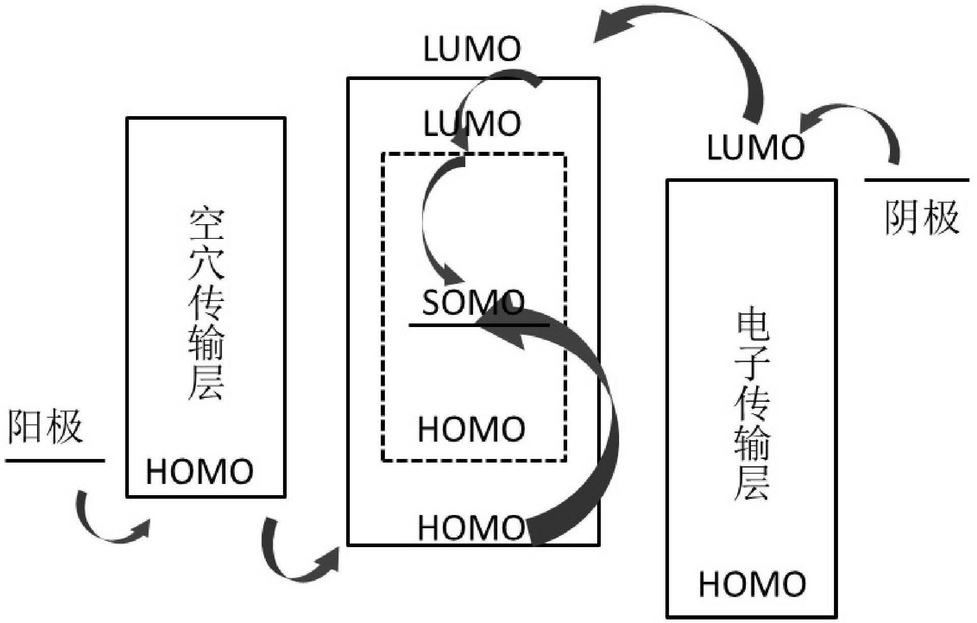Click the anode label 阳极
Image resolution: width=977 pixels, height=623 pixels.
45,426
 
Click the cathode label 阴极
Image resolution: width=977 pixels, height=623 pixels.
922,218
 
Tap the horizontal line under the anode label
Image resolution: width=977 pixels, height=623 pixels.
55,461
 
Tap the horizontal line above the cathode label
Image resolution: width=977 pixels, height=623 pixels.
916,180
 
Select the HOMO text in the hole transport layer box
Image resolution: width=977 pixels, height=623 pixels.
200,472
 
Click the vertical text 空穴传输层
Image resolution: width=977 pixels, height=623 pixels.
206,304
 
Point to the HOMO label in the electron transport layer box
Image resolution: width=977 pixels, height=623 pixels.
752,584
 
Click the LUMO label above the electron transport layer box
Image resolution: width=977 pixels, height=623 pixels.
756,148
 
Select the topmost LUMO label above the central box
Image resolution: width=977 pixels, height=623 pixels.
472,50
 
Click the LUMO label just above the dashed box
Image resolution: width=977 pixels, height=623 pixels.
472,124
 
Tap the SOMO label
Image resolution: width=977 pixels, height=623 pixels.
472,303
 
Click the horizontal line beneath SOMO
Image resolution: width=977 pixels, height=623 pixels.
479,324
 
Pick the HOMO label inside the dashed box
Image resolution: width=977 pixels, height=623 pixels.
471,429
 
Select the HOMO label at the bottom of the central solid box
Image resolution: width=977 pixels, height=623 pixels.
471,528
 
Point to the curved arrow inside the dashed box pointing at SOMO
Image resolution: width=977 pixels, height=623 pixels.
428,224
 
